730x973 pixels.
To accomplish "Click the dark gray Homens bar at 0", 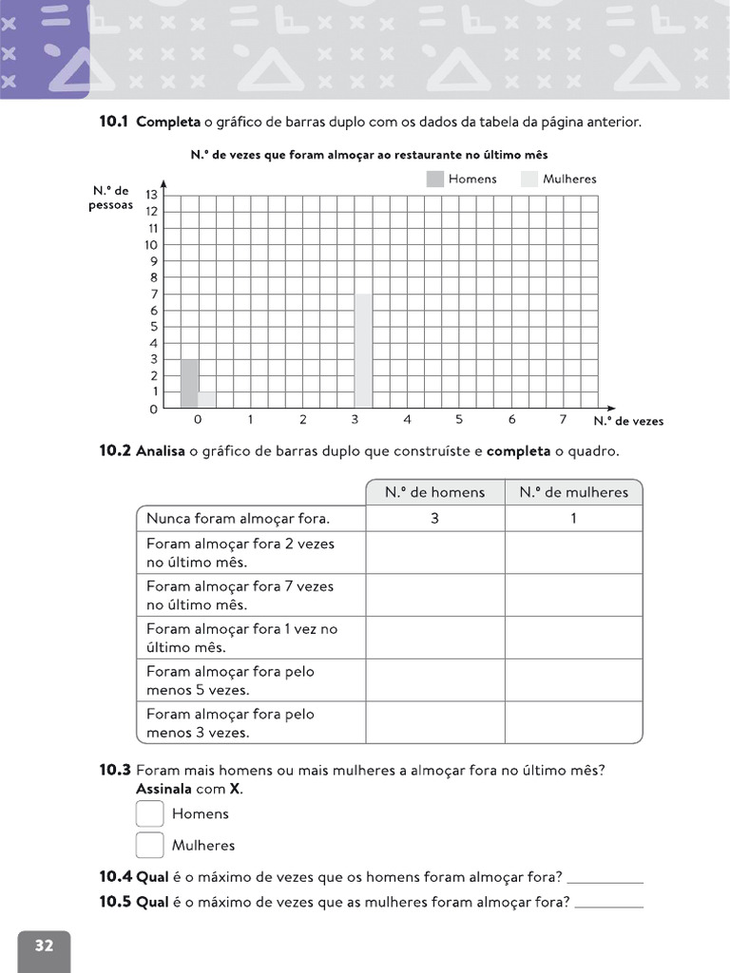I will click(189, 383).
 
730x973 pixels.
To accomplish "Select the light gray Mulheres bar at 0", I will click(206, 399).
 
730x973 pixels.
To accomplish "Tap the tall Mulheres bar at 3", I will click(363, 351).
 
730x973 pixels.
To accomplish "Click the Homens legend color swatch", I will click(435, 179).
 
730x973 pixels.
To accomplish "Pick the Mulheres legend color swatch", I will click(529, 179).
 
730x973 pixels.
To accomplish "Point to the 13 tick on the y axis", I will click(151, 195).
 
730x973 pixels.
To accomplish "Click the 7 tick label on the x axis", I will click(563, 419).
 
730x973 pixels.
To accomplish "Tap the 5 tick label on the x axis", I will click(459, 419).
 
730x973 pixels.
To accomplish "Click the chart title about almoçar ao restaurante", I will click(369, 154).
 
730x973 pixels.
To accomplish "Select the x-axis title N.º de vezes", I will click(628, 421).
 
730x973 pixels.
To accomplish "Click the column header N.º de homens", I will click(434, 492).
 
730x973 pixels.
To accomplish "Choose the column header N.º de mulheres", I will click(573, 492).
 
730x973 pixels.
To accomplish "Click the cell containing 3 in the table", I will click(434, 519).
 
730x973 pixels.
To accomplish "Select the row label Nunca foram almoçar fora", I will click(239, 519).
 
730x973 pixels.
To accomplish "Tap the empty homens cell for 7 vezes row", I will click(434, 595).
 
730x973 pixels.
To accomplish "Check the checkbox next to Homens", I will click(150, 813).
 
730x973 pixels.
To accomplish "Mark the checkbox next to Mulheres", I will click(150, 845).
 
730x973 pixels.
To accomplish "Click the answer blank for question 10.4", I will click(605, 878).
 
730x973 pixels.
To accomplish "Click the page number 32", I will click(44, 945).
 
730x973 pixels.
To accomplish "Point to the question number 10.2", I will click(114, 451).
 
